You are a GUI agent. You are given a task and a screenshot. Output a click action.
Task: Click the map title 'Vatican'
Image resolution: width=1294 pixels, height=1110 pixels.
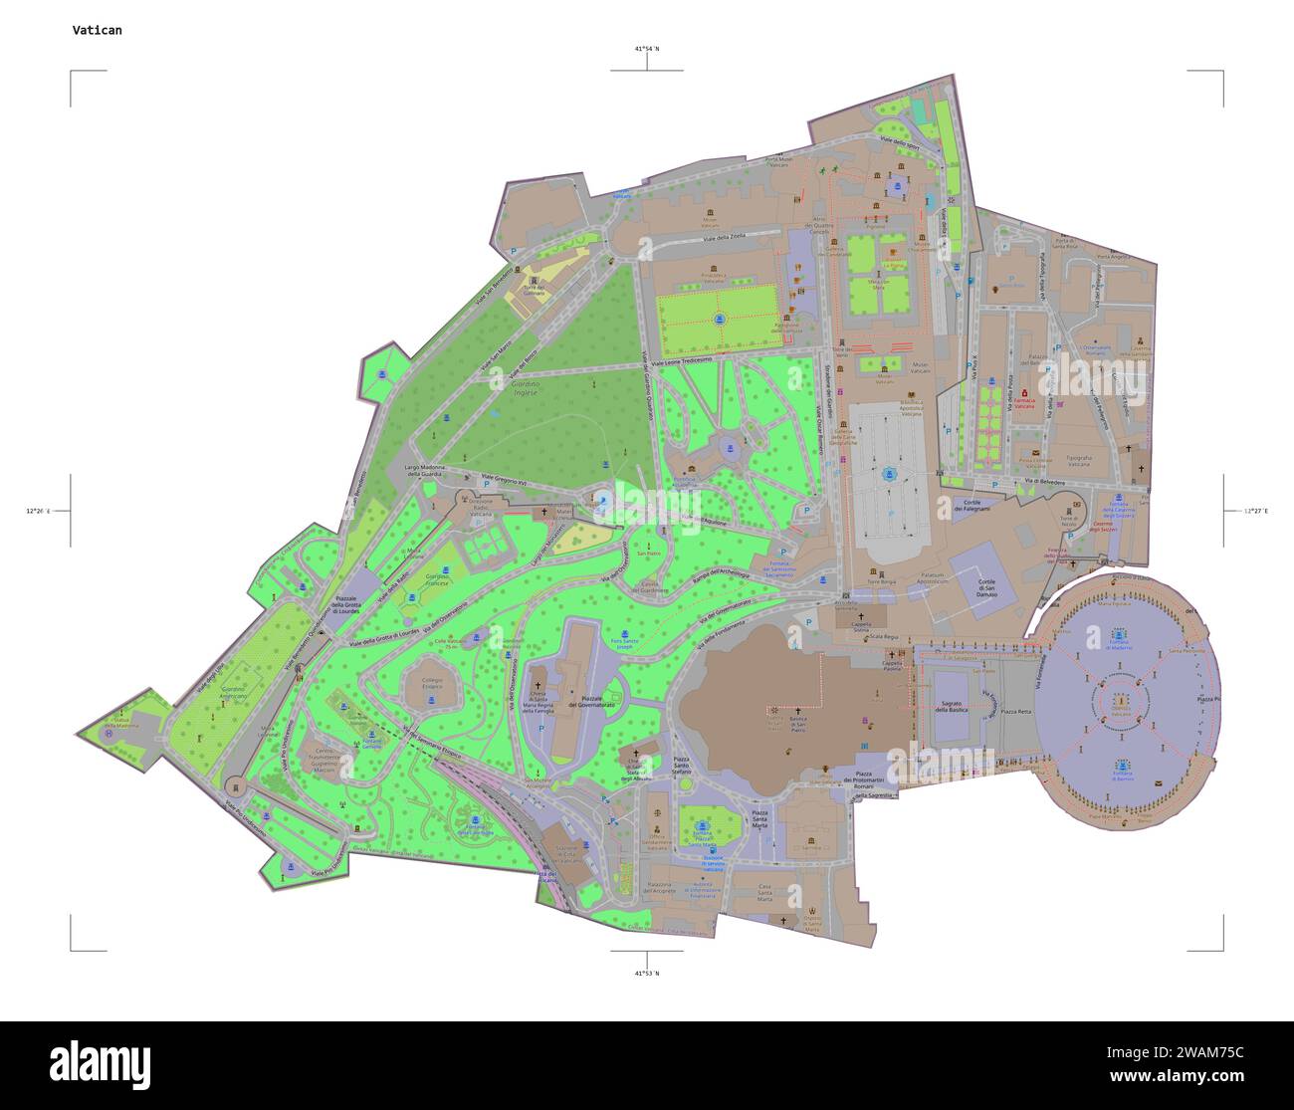(98, 30)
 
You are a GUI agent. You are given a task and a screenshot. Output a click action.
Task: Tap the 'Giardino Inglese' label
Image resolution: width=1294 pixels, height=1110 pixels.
(525, 388)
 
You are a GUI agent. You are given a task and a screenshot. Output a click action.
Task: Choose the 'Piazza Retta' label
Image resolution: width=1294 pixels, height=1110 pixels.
(1015, 712)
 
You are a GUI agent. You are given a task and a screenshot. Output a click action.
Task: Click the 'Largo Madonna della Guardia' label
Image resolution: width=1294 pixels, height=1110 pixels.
(428, 471)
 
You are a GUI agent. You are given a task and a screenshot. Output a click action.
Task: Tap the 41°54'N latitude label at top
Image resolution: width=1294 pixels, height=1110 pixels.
(647, 48)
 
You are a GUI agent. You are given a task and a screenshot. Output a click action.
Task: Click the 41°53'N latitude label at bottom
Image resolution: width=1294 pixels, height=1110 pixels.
(647, 973)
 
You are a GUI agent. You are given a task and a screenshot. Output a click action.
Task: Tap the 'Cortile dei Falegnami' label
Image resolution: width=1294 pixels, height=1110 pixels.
(970, 506)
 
